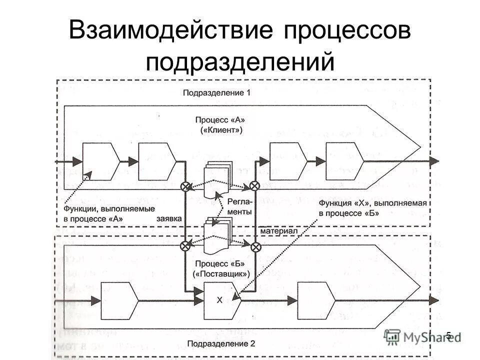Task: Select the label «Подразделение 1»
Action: coord(216,92)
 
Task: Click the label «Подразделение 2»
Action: coord(221,343)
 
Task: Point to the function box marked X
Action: coord(220,300)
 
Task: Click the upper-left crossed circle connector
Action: coord(185,186)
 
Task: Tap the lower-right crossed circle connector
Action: coord(255,245)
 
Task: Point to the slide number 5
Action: coord(448,335)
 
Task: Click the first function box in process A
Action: coord(100,161)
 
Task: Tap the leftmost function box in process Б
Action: coord(118,300)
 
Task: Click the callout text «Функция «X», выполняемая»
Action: coord(373,202)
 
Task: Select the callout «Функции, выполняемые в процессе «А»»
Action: coord(109,213)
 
